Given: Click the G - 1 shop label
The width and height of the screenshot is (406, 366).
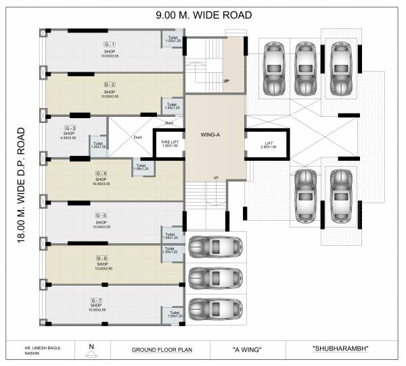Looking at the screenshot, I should (110, 43).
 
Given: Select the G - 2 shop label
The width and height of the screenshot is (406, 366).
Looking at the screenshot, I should (110, 84).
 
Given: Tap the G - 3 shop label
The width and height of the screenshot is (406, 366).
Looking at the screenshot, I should (70, 128).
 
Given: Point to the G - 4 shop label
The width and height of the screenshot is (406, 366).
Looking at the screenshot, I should (101, 173).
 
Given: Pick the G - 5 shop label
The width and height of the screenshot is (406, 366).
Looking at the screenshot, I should (101, 215).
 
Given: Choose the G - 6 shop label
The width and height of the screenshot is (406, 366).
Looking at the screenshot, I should (101, 258).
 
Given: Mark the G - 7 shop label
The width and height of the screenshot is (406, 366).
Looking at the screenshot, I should (96, 299).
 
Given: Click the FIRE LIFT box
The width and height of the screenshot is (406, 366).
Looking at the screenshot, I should (169, 142).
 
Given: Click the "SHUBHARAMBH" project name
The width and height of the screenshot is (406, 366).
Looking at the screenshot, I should (344, 349).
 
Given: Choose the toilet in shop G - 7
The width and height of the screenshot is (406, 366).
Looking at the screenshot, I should (174, 315).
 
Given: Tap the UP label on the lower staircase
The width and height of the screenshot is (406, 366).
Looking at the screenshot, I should (216, 178).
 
